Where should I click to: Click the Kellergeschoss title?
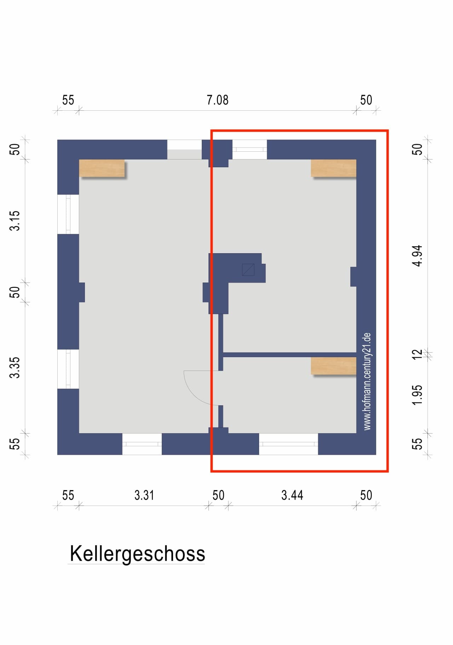click(137, 553)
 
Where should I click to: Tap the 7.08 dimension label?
click(218, 100)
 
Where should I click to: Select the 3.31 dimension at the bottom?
click(144, 495)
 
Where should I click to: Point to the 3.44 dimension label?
click(292, 495)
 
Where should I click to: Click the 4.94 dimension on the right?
click(418, 256)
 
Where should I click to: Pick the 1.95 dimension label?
click(418, 395)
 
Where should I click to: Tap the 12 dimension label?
click(418, 354)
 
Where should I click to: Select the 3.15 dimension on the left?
click(15, 221)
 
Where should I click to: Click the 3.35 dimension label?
click(15, 368)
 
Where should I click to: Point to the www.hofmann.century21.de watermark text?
click(367, 381)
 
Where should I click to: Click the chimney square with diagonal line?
click(248, 270)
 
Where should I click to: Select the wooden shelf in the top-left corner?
click(102, 168)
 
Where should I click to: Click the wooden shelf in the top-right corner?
click(333, 168)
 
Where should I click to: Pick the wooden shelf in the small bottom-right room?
click(333, 366)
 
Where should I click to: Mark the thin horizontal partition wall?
click(289, 354)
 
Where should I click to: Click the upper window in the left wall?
click(68, 214)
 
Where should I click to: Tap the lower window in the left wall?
click(68, 369)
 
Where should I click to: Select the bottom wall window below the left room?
click(142, 444)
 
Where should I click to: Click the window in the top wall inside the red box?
click(250, 150)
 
